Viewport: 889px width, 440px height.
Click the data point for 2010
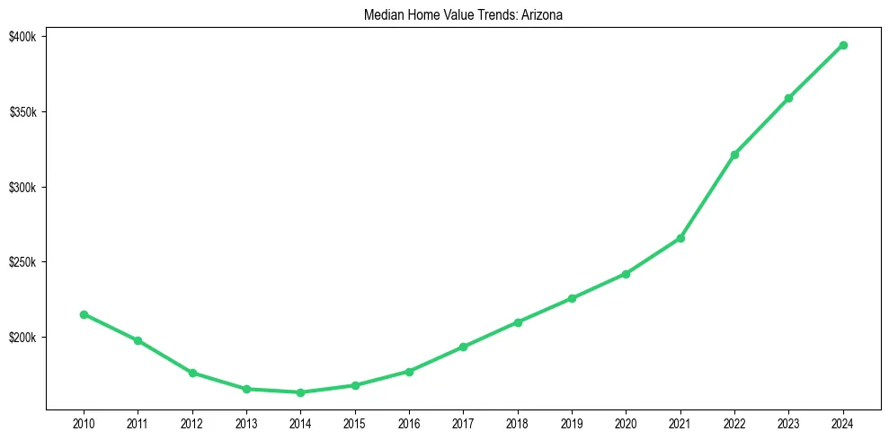click(84, 314)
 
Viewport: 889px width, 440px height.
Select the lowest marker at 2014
click(300, 392)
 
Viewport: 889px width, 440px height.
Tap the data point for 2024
click(843, 45)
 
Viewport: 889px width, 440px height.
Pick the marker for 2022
click(734, 154)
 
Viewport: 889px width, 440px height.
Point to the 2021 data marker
click(680, 238)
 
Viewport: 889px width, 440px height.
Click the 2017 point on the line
click(463, 347)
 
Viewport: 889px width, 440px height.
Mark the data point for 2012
click(191, 373)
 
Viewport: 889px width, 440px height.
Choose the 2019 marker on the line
click(572, 298)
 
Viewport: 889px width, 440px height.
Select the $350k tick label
click(23, 112)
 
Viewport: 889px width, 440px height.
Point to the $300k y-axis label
click(23, 188)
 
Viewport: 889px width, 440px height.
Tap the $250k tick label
click(23, 262)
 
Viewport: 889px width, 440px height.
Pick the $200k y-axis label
click(23, 338)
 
